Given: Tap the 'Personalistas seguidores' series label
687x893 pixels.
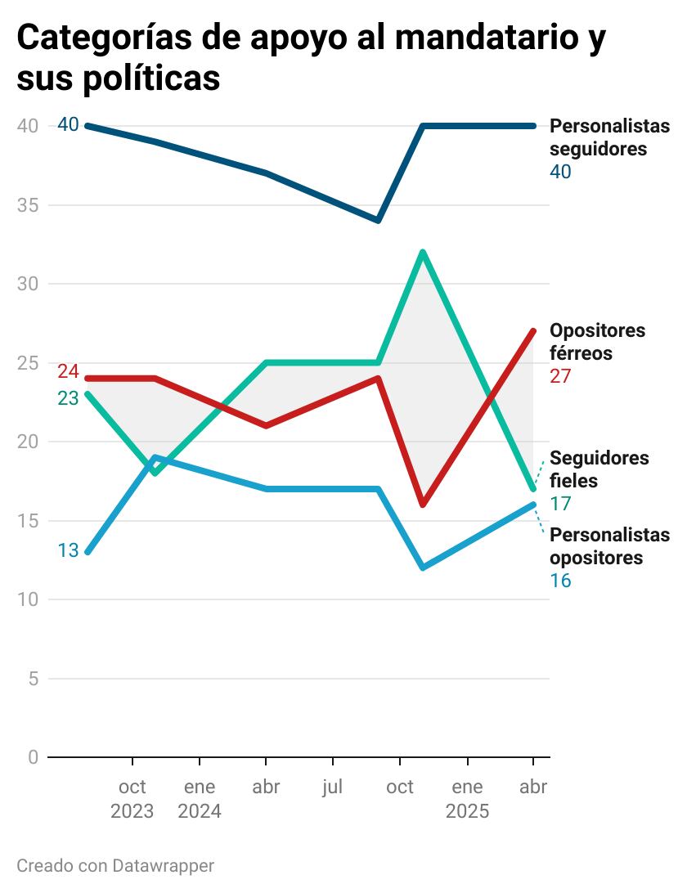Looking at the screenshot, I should [608, 137].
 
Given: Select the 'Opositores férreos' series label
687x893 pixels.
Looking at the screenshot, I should [597, 342].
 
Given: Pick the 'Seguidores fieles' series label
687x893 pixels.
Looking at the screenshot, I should [599, 469].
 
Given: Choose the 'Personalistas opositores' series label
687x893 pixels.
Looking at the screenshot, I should [608, 546].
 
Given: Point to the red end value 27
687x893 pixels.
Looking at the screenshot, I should [560, 377].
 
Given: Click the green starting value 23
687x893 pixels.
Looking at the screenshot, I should [68, 398].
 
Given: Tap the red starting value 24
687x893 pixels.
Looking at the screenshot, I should [68, 372].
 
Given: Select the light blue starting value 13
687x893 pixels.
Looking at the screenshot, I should [68, 550].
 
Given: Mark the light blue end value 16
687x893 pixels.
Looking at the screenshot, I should [560, 581].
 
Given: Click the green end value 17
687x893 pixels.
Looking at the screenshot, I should [560, 504].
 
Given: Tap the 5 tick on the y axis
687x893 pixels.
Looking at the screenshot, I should [33, 679].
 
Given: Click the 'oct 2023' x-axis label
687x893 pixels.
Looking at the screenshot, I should [132, 799].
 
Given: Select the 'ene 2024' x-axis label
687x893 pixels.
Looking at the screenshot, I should [200, 799].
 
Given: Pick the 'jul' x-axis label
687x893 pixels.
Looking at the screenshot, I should [332, 788].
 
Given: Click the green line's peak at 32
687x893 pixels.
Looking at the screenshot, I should [422, 252].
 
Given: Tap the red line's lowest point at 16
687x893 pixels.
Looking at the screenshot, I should [422, 505].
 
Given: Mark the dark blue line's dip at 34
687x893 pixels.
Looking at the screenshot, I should [378, 220].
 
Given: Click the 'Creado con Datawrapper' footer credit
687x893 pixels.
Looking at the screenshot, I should [115, 865].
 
